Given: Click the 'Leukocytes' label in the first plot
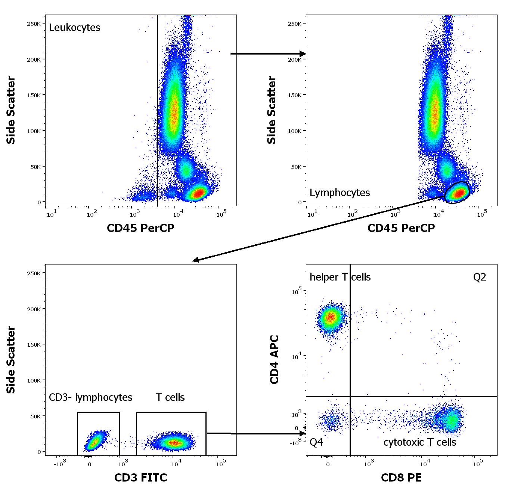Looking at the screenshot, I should pos(74,28).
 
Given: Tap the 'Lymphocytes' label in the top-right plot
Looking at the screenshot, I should pos(340,193).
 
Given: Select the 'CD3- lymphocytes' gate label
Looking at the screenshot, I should pos(90,397).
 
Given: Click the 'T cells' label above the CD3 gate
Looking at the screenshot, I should pos(170,397).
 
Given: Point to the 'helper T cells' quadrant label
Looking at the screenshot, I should pos(340,277).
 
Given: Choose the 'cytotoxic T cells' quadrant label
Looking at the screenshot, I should pos(420,442).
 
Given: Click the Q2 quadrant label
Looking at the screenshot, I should pos(480,277).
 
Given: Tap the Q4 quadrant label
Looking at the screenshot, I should pos(316,442).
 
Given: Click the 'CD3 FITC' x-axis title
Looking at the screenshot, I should pos(140,477).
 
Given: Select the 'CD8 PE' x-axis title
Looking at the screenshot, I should pos(401,477).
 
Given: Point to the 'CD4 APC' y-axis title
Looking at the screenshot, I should pos(275,359).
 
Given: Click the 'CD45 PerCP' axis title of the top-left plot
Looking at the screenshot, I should pos(140,228).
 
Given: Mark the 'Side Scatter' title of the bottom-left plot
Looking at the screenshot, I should pos(11,359).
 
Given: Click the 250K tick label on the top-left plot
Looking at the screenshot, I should pos(34,24).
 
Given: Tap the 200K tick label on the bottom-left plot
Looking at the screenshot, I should pos(34,309).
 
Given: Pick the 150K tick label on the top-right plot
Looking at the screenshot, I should pos(294,95).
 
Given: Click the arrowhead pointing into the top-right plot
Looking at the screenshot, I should pos(303,54).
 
